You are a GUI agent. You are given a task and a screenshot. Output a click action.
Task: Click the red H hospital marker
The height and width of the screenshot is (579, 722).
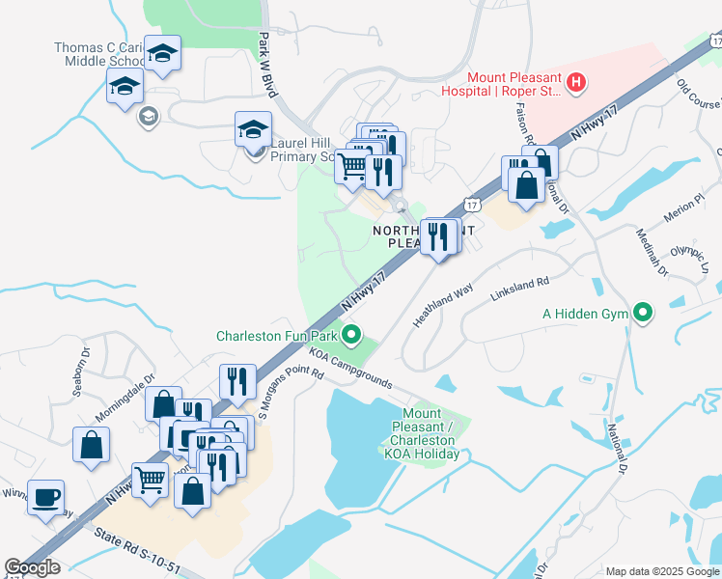click(576, 83)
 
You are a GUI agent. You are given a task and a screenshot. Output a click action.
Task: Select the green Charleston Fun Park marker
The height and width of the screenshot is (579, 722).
click(352, 337)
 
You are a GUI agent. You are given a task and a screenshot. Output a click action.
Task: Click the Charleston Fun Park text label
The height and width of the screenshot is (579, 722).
click(277, 337)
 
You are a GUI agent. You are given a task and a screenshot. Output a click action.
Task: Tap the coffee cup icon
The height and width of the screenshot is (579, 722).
click(45, 498)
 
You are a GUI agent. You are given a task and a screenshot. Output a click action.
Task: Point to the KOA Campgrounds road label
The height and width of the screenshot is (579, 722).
click(352, 370)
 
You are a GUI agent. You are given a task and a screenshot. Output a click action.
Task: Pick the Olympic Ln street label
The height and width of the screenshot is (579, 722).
click(689, 260)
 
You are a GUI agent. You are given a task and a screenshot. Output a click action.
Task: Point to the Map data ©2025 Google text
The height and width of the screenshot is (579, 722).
click(661, 571)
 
